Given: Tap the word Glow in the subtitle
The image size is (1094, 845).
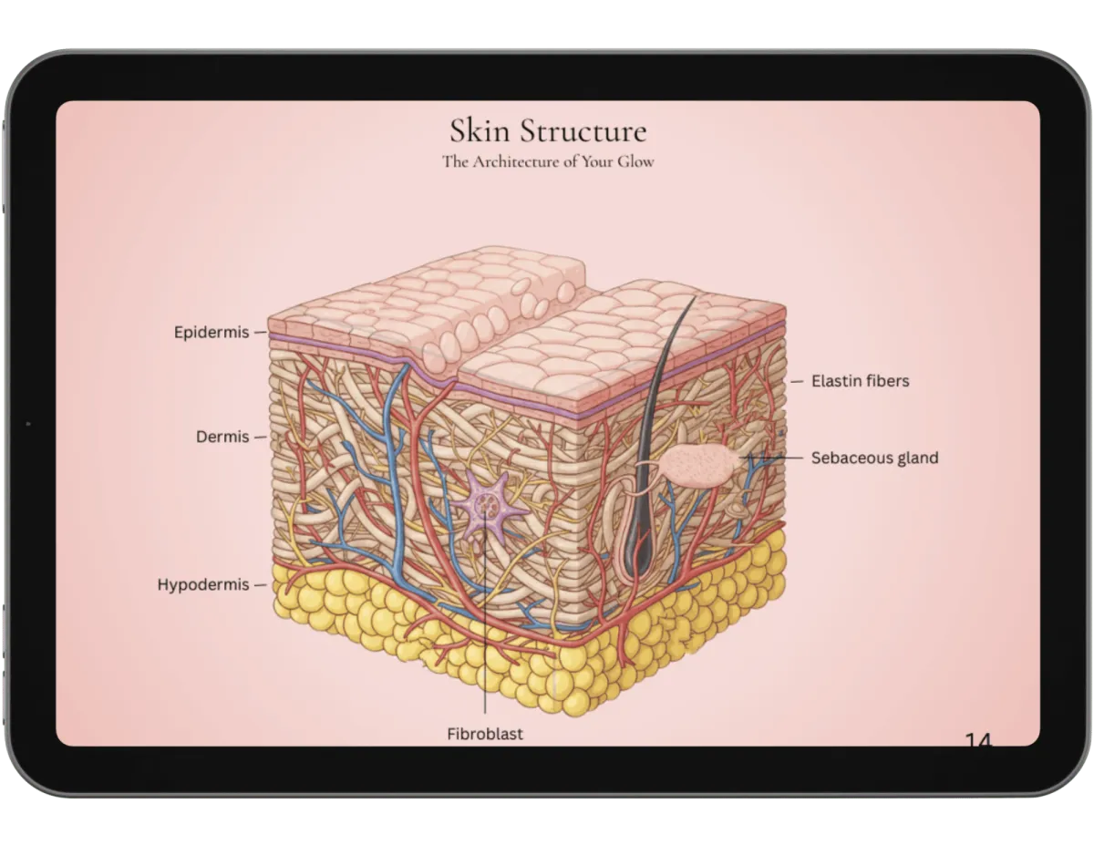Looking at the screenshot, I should [x=636, y=162].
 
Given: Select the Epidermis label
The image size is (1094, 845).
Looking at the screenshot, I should [x=212, y=333].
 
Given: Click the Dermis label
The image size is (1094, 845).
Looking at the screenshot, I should [x=222, y=437].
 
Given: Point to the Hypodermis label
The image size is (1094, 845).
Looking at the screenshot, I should [x=203, y=584].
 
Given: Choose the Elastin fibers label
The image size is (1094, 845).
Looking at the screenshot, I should [x=861, y=380].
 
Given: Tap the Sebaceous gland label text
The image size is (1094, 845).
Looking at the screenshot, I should [x=874, y=458].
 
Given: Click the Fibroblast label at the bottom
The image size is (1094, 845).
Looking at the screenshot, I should [x=485, y=733].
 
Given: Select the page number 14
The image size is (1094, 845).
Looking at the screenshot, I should [x=977, y=742].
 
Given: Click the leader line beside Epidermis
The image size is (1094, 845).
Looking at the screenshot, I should [x=260, y=333].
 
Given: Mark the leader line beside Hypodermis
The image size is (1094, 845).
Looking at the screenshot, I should [x=260, y=584].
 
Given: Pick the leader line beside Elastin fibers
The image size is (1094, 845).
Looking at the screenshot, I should [x=796, y=380].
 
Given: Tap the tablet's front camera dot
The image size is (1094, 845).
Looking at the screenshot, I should [x=28, y=424].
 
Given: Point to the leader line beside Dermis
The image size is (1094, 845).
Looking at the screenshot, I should [x=260, y=437].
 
